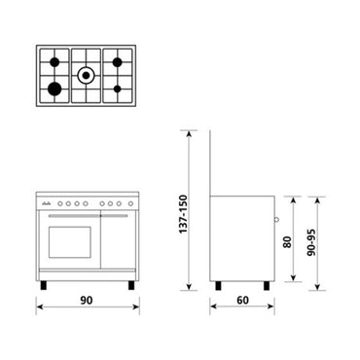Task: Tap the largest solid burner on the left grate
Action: point(51,90)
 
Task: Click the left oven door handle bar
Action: point(67,216)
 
